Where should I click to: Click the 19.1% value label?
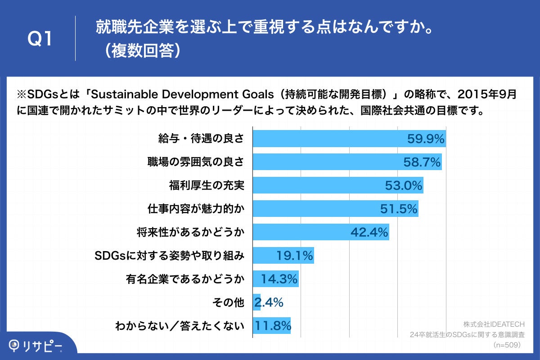click(x=294, y=256)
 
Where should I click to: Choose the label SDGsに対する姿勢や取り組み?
click(x=170, y=256)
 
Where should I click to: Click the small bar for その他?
click(x=256, y=303)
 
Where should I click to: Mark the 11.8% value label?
click(x=273, y=326)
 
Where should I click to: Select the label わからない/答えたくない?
click(x=180, y=326)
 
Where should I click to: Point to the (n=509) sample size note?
click(x=507, y=345)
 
